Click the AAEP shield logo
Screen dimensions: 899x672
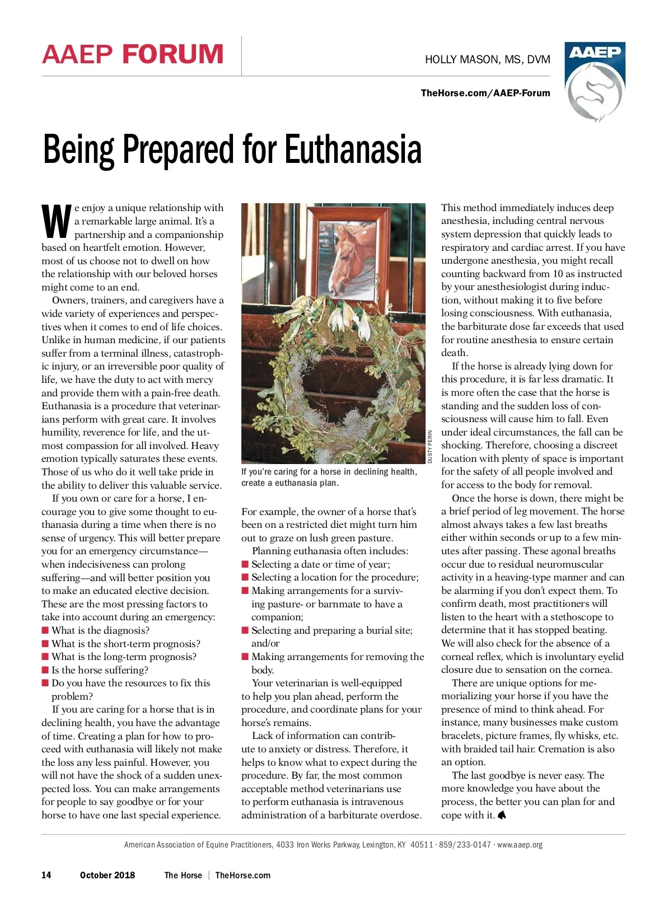[x=594, y=81]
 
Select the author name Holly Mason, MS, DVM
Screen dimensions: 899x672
[x=487, y=59]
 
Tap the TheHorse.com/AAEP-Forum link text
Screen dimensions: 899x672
[x=485, y=93]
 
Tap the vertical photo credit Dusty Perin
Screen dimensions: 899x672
[x=430, y=446]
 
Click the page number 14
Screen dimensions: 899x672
[x=46, y=875]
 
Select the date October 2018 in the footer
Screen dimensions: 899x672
[x=107, y=875]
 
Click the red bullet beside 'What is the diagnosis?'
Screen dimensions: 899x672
[x=45, y=630]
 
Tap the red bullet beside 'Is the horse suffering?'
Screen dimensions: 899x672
[x=45, y=670]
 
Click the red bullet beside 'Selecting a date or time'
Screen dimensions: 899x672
[x=245, y=564]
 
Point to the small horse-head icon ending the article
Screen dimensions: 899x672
[x=502, y=815]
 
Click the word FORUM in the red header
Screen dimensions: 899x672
[x=173, y=54]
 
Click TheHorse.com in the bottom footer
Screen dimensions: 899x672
[x=242, y=875]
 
